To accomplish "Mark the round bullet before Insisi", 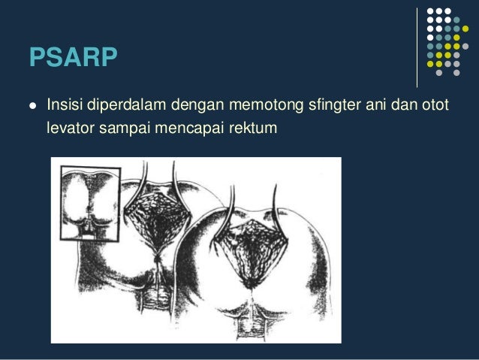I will pyautogui.click(x=31, y=104).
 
